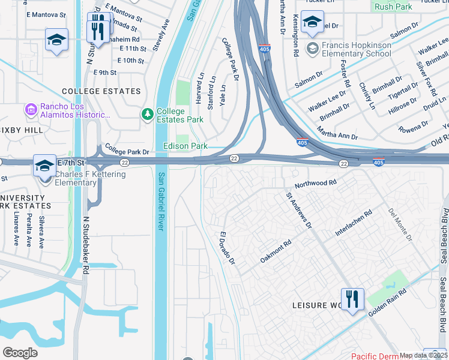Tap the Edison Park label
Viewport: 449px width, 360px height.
(185, 146)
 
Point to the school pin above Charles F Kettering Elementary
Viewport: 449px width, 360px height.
(44, 165)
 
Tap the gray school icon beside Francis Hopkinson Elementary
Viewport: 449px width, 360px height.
(313, 48)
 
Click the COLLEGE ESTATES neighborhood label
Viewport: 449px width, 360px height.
(101, 91)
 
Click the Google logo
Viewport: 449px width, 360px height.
(20, 353)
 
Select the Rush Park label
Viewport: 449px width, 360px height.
(393, 7)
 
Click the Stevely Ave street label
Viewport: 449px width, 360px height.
(161, 35)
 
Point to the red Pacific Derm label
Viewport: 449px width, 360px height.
(375, 356)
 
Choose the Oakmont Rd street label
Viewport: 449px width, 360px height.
(276, 251)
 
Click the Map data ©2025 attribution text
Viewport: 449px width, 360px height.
(423, 355)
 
